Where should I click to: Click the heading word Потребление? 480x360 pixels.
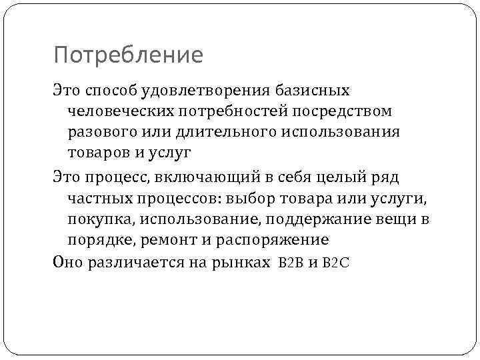coord(128,55)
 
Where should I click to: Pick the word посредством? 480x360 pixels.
coord(345,111)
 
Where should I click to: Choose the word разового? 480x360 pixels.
coord(105,131)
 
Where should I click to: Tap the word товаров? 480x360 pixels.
coord(101,153)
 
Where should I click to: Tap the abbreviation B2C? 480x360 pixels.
coord(335,263)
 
